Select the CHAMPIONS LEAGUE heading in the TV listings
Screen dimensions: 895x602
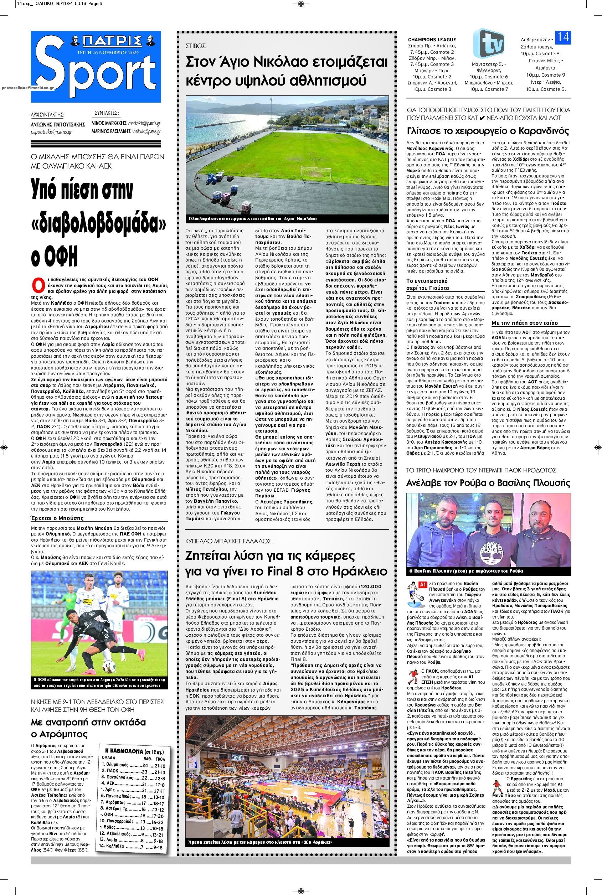[x=432, y=40]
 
